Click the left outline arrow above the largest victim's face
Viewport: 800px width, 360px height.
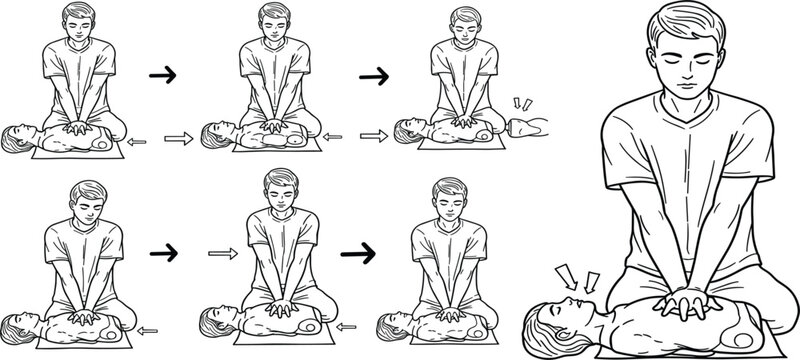tap(567, 273)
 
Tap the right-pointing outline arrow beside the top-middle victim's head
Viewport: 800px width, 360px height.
tap(176, 135)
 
